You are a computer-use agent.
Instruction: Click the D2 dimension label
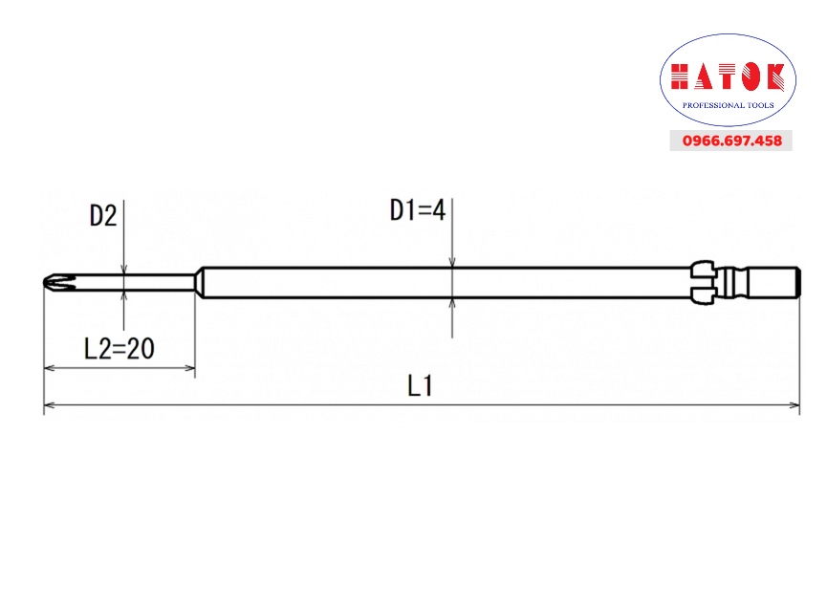point(103,216)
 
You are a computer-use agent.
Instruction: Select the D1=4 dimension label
point(418,210)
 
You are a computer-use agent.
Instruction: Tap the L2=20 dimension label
point(120,349)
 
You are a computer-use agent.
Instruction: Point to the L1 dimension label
point(421,385)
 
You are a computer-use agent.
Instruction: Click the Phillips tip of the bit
point(59,282)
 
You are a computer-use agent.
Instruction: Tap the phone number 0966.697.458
point(731,141)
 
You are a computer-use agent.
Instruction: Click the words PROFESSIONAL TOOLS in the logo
point(728,105)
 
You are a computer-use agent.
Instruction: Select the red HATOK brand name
point(728,77)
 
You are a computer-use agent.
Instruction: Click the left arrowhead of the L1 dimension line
point(49,405)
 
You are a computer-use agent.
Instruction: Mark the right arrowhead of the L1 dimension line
point(794,405)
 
